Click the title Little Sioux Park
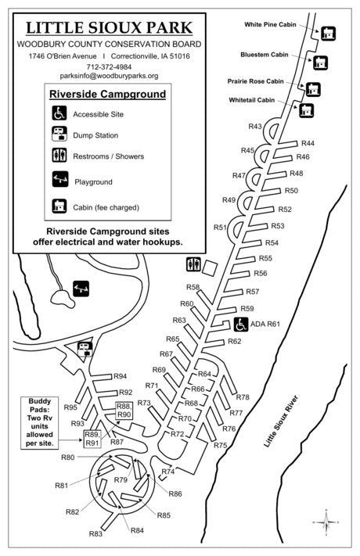tap(108, 29)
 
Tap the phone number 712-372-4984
tap(108, 66)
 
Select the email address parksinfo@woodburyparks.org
tap(108, 77)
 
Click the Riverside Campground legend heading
tap(107, 95)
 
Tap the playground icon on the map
tap(81, 289)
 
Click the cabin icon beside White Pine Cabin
tap(328, 33)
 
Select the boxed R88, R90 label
tap(124, 411)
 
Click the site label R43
tap(255, 127)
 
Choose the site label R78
tap(243, 397)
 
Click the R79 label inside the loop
tap(121, 479)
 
